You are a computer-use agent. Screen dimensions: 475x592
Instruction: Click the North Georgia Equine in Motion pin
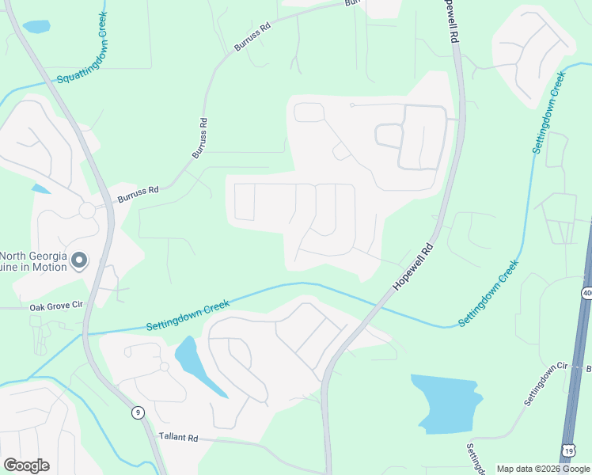click(79, 260)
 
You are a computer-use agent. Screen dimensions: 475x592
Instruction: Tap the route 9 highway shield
click(138, 412)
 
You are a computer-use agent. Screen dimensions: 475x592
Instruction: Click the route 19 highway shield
click(567, 450)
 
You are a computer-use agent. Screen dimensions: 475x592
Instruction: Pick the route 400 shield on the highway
click(586, 293)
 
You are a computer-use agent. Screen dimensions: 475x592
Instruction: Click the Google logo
click(26, 465)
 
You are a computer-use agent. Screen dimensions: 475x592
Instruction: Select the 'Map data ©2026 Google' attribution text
click(542, 469)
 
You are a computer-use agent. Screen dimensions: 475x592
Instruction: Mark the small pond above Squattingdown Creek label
click(36, 26)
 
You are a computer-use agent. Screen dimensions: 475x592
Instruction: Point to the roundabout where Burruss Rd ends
click(87, 211)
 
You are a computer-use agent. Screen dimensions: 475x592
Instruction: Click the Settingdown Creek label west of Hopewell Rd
click(188, 315)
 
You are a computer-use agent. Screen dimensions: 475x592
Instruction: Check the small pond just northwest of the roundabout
click(40, 188)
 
